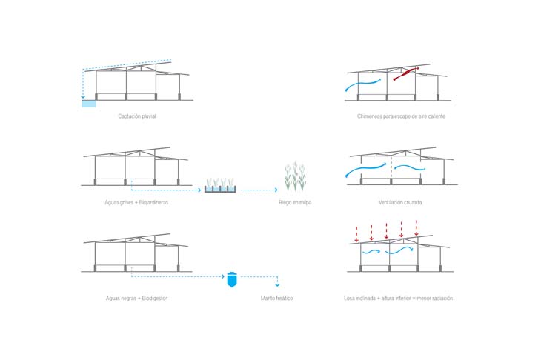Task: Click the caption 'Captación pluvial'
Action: pyautogui.click(x=137, y=116)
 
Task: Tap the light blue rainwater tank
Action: pyautogui.click(x=89, y=104)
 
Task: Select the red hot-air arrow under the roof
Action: pyautogui.click(x=406, y=74)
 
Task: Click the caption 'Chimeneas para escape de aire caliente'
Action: pyautogui.click(x=401, y=116)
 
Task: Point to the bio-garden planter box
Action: pyautogui.click(x=220, y=189)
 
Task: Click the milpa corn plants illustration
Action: pyautogui.click(x=295, y=176)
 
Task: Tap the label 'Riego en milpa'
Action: pyautogui.click(x=295, y=202)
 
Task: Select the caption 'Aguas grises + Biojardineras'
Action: pyautogui.click(x=136, y=202)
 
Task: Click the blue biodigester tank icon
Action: pyautogui.click(x=232, y=280)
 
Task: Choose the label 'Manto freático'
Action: pyautogui.click(x=276, y=299)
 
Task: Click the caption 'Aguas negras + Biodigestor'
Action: pyautogui.click(x=136, y=299)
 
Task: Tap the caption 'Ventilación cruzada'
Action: pyautogui.click(x=400, y=202)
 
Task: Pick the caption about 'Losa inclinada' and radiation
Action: pyautogui.click(x=398, y=299)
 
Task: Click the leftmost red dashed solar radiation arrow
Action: pyautogui.click(x=356, y=234)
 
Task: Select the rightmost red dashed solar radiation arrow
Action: pyautogui.click(x=416, y=228)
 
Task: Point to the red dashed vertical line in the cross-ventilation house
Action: pyautogui.click(x=391, y=167)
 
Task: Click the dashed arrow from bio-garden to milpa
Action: pyautogui.click(x=259, y=190)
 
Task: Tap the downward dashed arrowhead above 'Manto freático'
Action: pyautogui.click(x=277, y=285)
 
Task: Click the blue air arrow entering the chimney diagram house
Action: pyautogui.click(x=362, y=85)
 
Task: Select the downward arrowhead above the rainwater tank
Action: pyautogui.click(x=83, y=97)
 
